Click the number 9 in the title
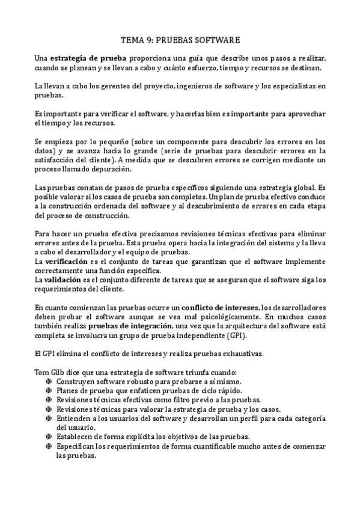[148, 40]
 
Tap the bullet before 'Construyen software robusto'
[49, 382]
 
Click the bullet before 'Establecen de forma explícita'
[49, 437]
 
